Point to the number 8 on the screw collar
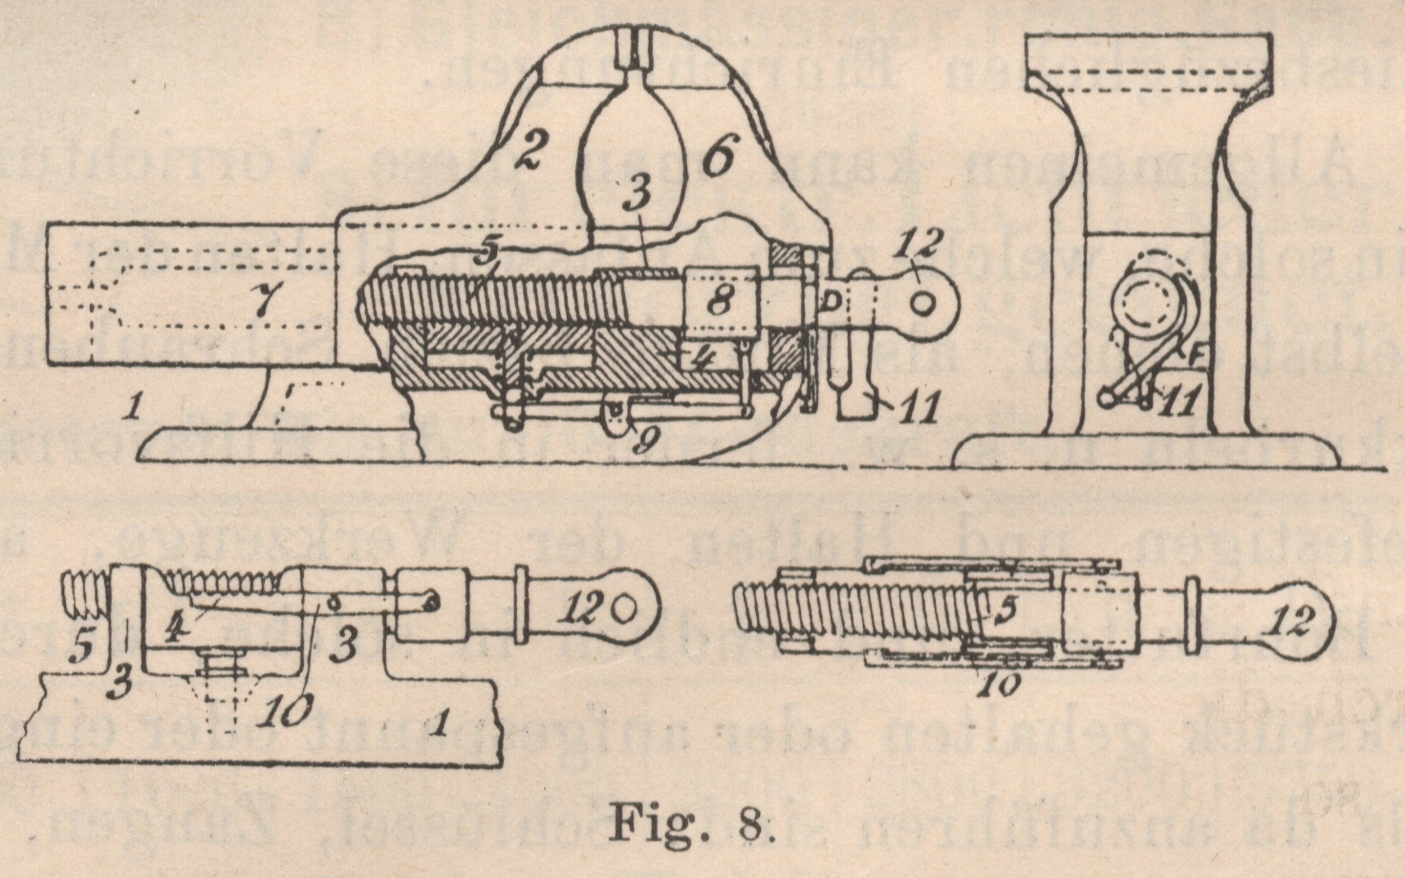720,300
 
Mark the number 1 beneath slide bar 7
135,410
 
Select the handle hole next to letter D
923,301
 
